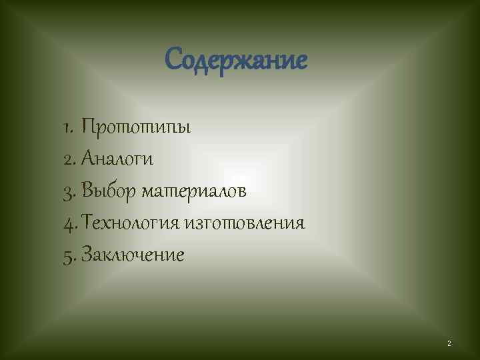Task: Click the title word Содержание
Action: coord(236,61)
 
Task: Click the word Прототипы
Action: coord(136,127)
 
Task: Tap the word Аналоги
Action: coord(118,159)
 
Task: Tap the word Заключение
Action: coord(133,255)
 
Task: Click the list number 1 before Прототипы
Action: coord(69,127)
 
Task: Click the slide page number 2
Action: coord(449,343)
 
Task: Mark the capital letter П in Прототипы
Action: coord(89,127)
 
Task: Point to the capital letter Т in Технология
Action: coord(89,223)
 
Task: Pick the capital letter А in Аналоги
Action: coord(90,159)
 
